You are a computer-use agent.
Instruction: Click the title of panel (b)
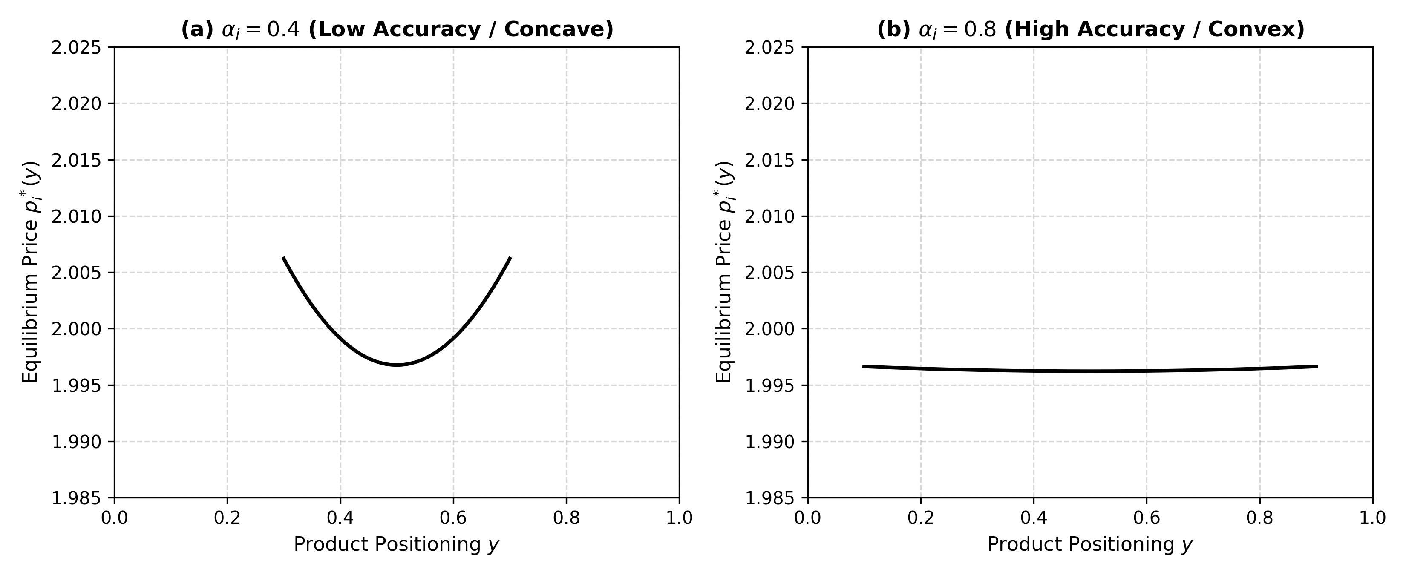click(1091, 29)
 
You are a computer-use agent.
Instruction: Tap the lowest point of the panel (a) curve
click(397, 365)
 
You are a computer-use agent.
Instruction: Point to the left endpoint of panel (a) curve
click(283, 258)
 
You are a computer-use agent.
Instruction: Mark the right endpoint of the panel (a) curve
click(510, 258)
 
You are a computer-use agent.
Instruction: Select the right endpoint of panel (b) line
click(1317, 367)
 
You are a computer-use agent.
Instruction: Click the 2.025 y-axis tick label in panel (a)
click(76, 47)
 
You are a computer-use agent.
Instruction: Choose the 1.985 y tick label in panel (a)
click(76, 497)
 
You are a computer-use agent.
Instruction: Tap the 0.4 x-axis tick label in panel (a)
click(340, 518)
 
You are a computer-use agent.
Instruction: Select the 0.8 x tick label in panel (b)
click(1260, 518)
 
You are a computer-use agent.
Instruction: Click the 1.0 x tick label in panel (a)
click(679, 518)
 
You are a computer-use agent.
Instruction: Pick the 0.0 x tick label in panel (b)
click(808, 518)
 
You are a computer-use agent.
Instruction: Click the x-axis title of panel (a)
click(397, 544)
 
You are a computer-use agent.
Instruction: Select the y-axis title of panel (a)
click(31, 272)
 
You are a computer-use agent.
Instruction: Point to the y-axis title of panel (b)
click(724, 272)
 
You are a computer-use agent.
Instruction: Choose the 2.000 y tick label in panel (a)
click(76, 329)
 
